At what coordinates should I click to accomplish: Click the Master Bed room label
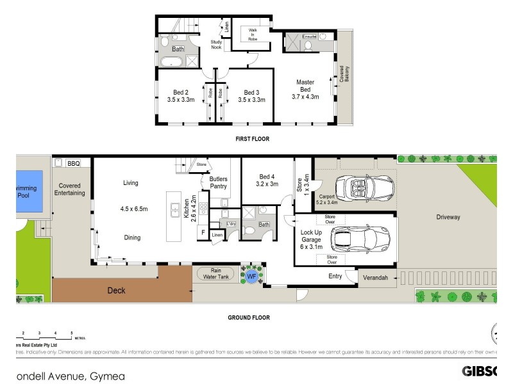tap(305, 86)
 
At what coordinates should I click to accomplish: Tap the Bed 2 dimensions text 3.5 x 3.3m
tap(180, 100)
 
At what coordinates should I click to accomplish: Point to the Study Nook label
tap(216, 45)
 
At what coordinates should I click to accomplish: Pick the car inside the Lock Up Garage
tap(360, 240)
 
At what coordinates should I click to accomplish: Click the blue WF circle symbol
tap(251, 276)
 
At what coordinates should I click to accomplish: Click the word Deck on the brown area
tap(117, 291)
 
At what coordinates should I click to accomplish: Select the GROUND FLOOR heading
tap(249, 317)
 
